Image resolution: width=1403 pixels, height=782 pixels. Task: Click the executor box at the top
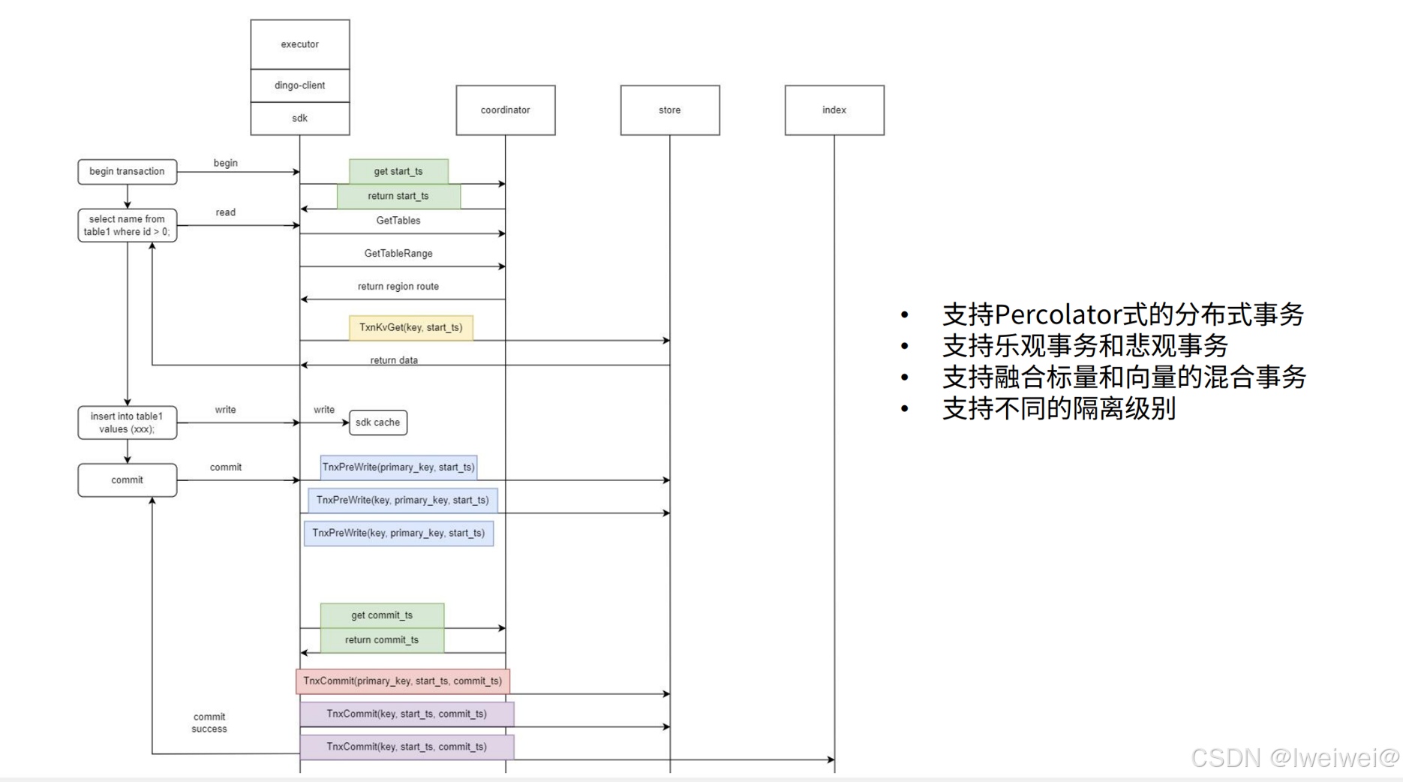click(299, 44)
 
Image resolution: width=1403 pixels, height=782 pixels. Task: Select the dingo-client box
click(299, 86)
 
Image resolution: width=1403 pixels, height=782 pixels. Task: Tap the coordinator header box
click(505, 110)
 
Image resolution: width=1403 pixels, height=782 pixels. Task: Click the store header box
click(669, 110)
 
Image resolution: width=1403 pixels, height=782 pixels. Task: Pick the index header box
click(834, 110)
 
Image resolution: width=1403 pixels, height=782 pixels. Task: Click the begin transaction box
click(127, 172)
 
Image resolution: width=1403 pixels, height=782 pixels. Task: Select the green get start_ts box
click(398, 171)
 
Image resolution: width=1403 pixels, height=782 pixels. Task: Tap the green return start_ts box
click(398, 196)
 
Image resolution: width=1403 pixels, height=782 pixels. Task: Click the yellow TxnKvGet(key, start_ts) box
click(410, 328)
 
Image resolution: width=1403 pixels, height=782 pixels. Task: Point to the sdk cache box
click(377, 423)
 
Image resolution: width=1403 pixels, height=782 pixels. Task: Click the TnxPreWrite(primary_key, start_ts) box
click(398, 468)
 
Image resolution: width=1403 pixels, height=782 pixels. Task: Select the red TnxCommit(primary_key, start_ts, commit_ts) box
click(402, 681)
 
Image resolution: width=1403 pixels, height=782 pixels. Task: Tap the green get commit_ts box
click(382, 615)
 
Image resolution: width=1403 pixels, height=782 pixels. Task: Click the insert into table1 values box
click(127, 423)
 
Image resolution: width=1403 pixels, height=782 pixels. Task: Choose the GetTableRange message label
click(398, 254)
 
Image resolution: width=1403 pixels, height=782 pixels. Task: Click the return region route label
click(398, 287)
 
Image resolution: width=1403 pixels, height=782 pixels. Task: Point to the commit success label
click(209, 723)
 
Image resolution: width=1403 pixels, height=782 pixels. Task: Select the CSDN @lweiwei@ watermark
click(1295, 758)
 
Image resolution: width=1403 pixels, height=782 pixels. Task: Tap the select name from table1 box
click(127, 225)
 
